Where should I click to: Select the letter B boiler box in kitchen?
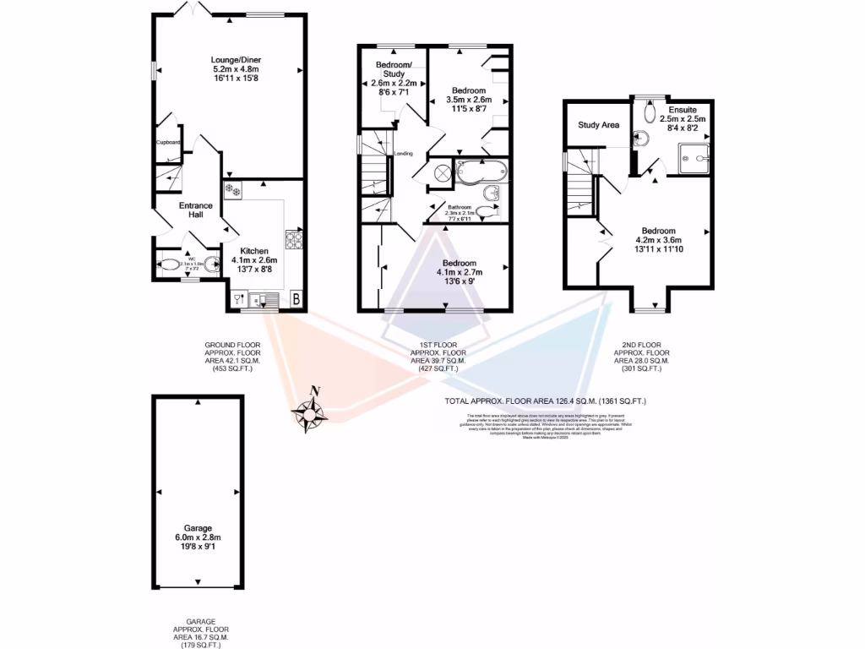tap(296, 298)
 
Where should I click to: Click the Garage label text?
tap(200, 527)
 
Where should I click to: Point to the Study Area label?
tap(598, 125)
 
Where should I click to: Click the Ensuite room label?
tap(682, 110)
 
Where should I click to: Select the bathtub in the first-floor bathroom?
tap(480, 172)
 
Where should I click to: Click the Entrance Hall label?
tap(195, 210)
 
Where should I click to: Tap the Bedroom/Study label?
tap(394, 70)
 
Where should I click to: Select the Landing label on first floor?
tap(403, 154)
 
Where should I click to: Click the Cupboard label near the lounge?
tap(168, 142)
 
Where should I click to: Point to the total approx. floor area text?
tap(545, 401)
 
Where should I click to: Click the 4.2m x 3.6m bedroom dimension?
tap(658, 240)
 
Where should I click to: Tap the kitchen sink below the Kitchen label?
tap(267, 298)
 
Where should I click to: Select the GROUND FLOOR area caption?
tap(232, 356)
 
